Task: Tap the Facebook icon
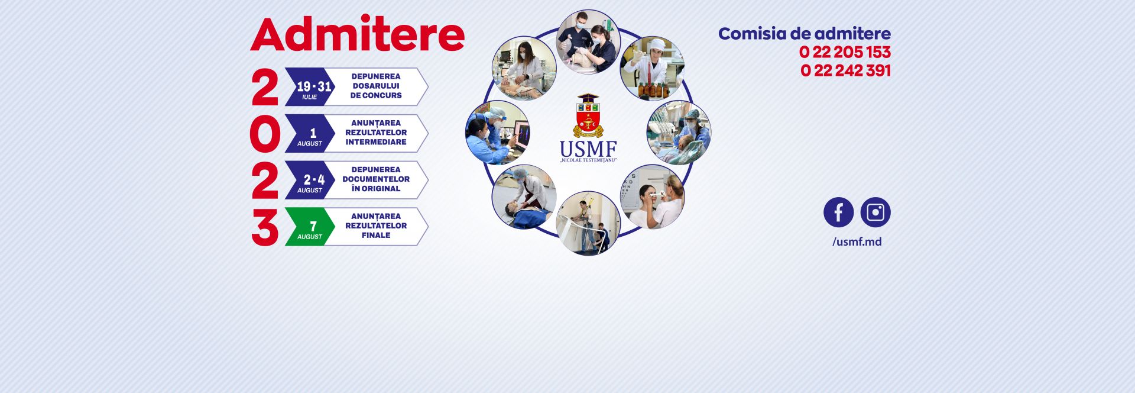838,212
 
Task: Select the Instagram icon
875,212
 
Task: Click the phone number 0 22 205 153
844,52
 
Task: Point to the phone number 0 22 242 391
845,70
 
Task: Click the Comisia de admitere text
804,34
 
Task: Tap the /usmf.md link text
857,241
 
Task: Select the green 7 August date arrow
310,227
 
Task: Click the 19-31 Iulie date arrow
310,87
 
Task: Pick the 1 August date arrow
310,134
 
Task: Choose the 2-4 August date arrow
310,181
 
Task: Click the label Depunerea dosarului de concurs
376,86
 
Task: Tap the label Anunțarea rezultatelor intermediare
376,133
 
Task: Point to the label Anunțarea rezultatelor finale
376,226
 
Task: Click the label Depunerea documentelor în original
376,179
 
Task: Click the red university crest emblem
588,115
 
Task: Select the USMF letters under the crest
588,148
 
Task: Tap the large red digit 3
264,228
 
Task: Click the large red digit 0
264,134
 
